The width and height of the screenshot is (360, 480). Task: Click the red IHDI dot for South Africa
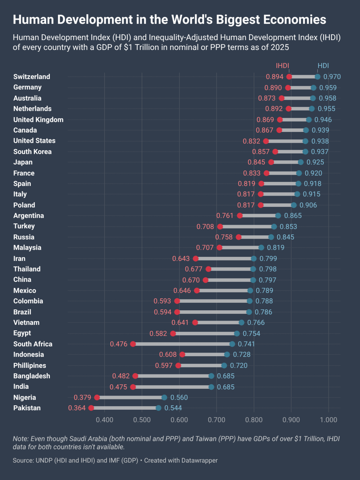coord(133,344)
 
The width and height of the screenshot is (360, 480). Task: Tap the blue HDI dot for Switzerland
coord(318,77)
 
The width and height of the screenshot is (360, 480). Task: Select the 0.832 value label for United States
coord(251,141)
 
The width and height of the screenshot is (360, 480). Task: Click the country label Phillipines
coord(30,365)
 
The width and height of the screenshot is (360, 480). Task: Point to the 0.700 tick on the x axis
coord(217,420)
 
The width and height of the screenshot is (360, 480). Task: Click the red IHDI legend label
coord(282,66)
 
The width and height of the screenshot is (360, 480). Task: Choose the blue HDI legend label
coord(323,66)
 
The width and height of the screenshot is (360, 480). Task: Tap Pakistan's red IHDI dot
coord(91,408)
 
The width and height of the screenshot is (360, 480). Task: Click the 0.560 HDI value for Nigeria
coord(179,397)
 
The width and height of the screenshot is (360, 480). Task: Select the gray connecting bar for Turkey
coord(247,227)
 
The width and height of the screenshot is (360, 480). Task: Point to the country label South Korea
coord(32,152)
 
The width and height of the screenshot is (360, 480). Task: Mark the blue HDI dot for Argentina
coord(278,216)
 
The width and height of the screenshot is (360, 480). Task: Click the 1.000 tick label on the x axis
coord(328,420)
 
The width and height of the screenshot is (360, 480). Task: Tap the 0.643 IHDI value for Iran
coord(181,258)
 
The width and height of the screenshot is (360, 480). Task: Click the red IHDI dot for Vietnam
coord(195,322)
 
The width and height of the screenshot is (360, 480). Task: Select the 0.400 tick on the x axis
coord(105,420)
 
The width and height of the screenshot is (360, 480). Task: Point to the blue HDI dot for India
coord(211,387)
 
